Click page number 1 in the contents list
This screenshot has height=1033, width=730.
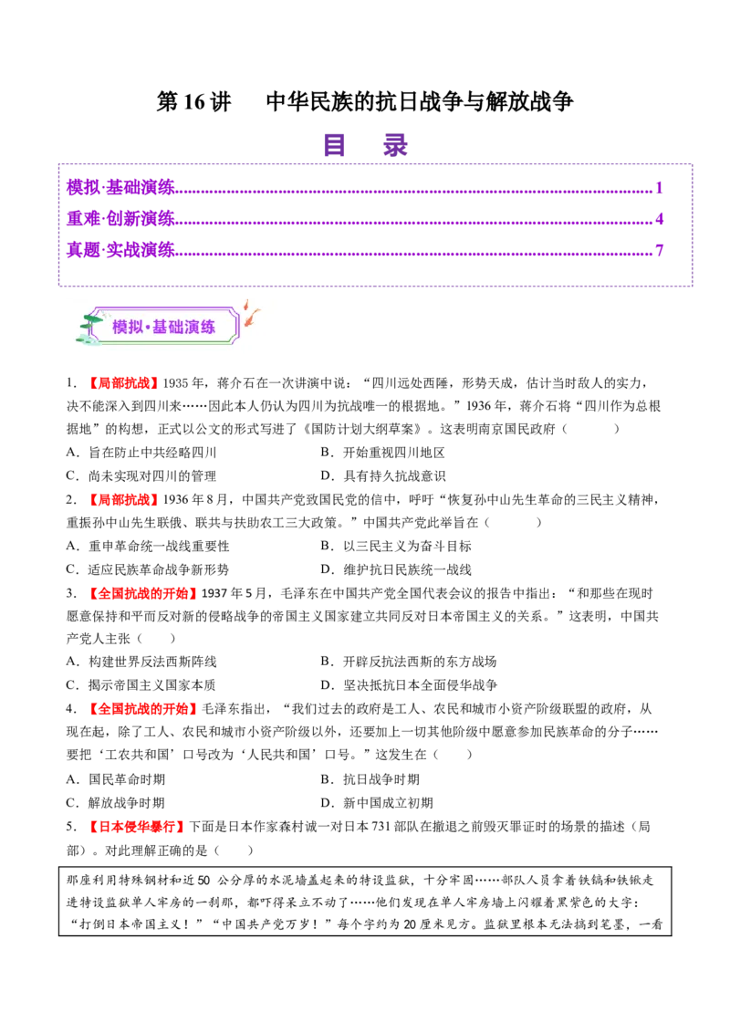659,186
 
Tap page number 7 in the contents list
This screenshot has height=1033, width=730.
659,248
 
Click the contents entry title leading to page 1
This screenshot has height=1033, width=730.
120,187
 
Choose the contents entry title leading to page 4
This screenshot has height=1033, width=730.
120,218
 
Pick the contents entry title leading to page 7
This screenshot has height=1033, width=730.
120,249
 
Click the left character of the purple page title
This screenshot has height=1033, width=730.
335,146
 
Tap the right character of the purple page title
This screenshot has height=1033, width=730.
394,146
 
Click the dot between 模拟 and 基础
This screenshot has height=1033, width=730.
147,327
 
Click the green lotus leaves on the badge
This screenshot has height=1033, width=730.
89,325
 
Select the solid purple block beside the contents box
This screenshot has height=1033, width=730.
712,229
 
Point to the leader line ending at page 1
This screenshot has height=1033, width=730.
415,191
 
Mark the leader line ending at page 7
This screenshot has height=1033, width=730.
415,253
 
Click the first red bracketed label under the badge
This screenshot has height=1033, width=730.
123,383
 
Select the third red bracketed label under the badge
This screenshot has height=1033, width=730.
142,594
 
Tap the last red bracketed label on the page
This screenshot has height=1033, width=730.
138,829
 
